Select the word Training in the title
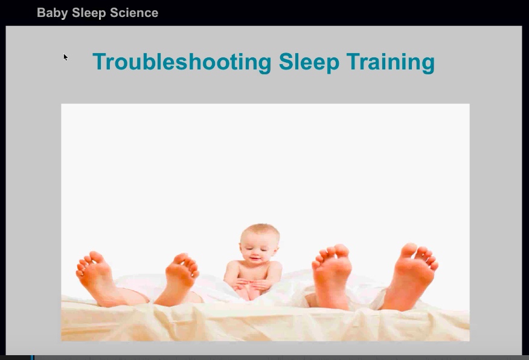point(390,62)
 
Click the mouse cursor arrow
point(65,57)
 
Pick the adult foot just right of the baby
point(332,275)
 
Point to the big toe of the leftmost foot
point(97,258)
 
